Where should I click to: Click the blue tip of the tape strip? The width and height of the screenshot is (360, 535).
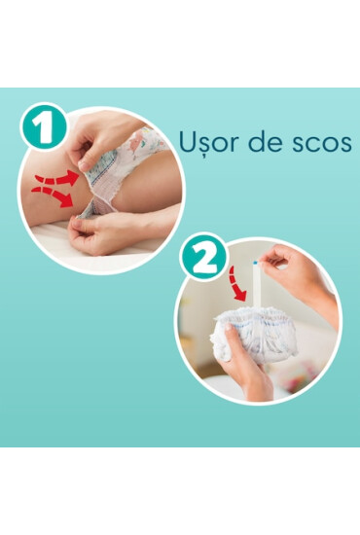click(256, 262)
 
